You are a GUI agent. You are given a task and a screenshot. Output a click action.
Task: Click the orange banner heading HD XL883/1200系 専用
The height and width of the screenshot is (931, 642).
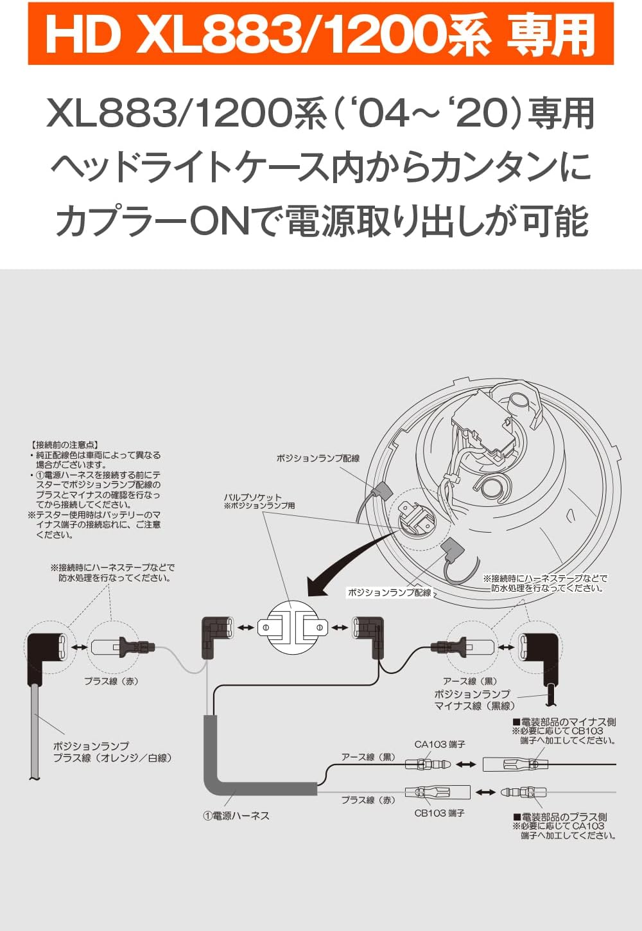pos(320,33)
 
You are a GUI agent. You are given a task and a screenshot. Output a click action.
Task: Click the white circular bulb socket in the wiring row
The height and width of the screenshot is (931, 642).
pos(292,626)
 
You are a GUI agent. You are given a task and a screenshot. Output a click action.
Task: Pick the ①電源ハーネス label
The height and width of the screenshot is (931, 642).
pos(236,815)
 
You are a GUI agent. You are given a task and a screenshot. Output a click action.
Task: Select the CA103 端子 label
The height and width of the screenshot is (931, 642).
pos(440,744)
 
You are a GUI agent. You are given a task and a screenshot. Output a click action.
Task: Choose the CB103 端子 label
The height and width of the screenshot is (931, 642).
pos(439,813)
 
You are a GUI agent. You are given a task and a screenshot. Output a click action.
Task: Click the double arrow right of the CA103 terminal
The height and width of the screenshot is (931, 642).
pos(466,765)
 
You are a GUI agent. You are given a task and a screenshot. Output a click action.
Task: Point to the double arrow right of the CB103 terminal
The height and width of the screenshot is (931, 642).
pos(485,792)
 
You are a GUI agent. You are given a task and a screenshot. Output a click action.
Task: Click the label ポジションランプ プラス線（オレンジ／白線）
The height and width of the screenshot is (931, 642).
pos(112,752)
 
